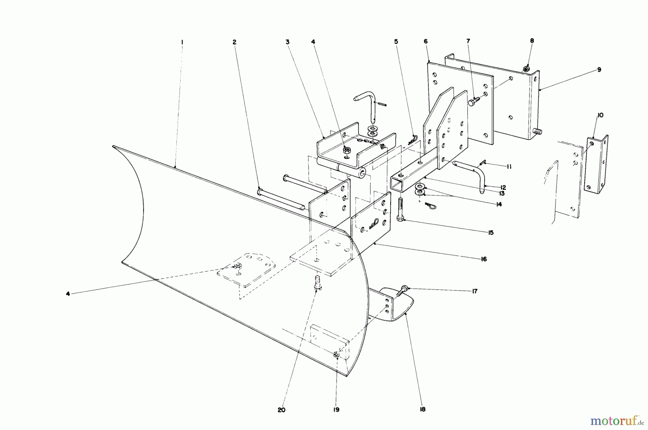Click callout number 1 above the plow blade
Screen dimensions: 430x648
point(182,42)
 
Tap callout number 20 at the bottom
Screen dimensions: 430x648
point(282,410)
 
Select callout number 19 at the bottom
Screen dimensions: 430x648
point(336,410)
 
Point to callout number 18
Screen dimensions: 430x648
point(423,409)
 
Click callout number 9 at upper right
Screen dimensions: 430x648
point(599,70)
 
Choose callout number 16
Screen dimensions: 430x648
point(483,259)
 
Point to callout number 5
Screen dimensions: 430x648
point(396,42)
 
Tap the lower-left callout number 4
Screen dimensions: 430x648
point(68,294)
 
